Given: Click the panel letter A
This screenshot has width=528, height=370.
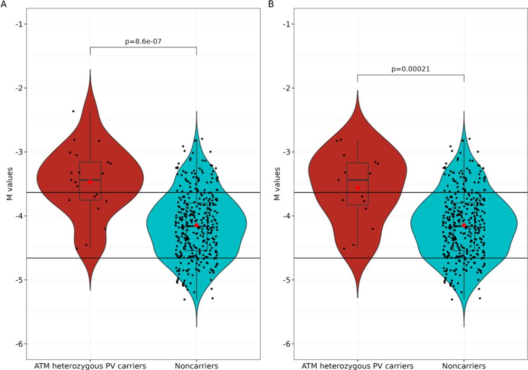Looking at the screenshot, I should (x=4, y=4).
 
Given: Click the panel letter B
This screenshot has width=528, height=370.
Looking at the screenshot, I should (x=271, y=4).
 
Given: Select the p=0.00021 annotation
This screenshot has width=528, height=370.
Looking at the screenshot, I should (x=410, y=68).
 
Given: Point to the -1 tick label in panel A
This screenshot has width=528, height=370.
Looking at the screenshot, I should (x=18, y=24).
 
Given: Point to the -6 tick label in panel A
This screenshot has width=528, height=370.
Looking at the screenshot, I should (x=18, y=344).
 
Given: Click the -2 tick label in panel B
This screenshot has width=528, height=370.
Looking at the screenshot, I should (x=286, y=88).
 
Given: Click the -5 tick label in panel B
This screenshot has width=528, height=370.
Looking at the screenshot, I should (x=286, y=280).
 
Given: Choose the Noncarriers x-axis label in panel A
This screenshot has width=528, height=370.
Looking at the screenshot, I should (x=196, y=365).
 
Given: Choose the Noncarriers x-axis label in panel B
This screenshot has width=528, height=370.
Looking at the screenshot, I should (x=464, y=365).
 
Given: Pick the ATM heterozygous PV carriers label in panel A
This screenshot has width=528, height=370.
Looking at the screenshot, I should (x=90, y=365).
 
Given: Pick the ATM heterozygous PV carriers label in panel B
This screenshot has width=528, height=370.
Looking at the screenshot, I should (x=357, y=365).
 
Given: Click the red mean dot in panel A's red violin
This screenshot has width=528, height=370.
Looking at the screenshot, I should (x=90, y=182).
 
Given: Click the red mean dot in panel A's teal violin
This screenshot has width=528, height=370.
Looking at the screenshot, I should (x=196, y=225).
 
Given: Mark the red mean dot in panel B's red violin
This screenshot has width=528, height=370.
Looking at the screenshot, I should (x=357, y=188).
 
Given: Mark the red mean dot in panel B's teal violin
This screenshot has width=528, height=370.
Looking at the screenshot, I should (x=464, y=225).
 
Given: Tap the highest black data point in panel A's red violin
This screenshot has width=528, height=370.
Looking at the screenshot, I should (x=73, y=111).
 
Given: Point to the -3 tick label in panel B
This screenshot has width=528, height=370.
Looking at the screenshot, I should (x=286, y=152).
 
